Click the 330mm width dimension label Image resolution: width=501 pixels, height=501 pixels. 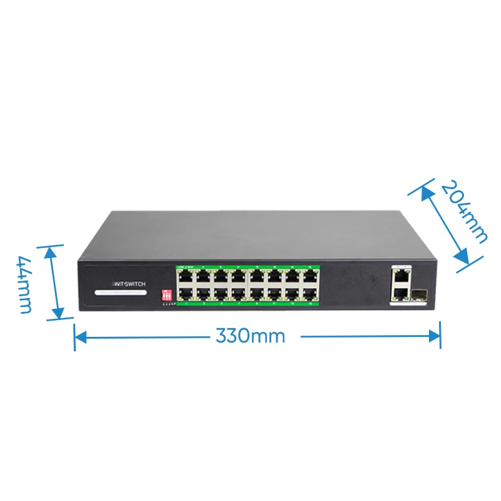[x=250, y=336]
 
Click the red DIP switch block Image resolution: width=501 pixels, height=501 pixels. [x=167, y=294]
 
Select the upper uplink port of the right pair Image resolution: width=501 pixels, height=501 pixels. [x=401, y=276]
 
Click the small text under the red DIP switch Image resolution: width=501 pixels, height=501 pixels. [x=167, y=305]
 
